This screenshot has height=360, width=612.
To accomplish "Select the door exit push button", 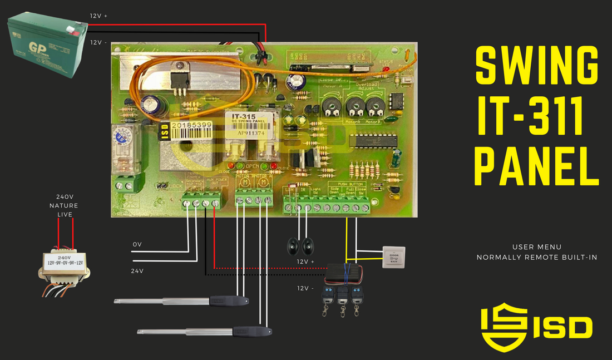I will (394, 258).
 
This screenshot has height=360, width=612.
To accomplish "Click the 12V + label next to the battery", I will (98, 16).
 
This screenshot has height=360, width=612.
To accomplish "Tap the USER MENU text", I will (536, 246).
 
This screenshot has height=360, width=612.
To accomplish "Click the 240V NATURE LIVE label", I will (65, 205).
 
